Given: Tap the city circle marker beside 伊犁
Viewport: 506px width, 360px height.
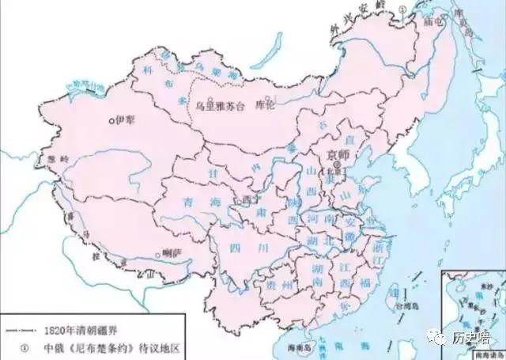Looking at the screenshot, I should tap(112, 121).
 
